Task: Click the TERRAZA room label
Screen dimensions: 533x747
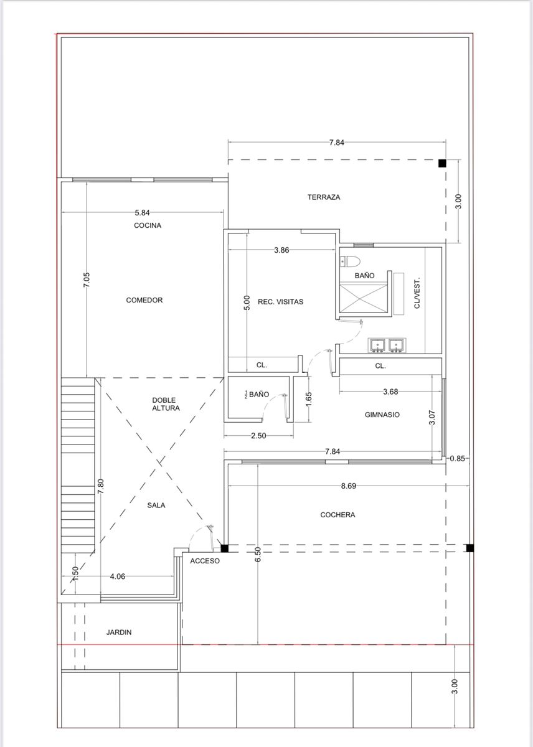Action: (324, 197)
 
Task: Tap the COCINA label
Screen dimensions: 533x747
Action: (148, 225)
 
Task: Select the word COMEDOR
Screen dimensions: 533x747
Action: (144, 300)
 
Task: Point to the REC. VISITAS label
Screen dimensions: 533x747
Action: (280, 302)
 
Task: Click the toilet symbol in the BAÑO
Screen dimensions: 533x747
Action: (349, 261)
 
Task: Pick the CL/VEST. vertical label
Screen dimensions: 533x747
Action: (417, 293)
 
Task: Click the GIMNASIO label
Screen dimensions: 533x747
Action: (382, 415)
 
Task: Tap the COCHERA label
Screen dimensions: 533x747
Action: (337, 515)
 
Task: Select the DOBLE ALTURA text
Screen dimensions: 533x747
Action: (166, 404)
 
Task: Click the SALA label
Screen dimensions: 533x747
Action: (156, 505)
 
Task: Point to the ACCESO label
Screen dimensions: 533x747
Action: (205, 561)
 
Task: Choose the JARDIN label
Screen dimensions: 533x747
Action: (119, 632)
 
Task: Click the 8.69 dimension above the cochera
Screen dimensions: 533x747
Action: (348, 486)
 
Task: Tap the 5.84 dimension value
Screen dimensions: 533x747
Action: (142, 212)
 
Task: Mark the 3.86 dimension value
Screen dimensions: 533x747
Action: (281, 250)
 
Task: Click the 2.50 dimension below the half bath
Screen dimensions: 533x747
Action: (258, 436)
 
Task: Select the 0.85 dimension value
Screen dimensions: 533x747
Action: (457, 459)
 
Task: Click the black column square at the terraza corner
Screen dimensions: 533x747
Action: (442, 163)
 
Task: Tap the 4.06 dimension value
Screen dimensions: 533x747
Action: (118, 576)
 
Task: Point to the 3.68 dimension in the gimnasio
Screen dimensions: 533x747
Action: (390, 392)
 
